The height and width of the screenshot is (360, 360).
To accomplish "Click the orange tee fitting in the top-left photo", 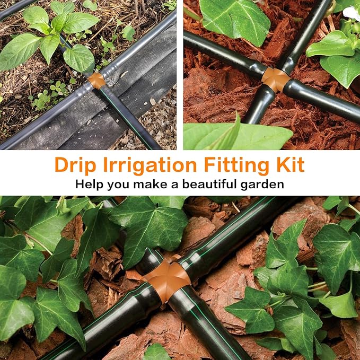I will [x=96, y=80].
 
